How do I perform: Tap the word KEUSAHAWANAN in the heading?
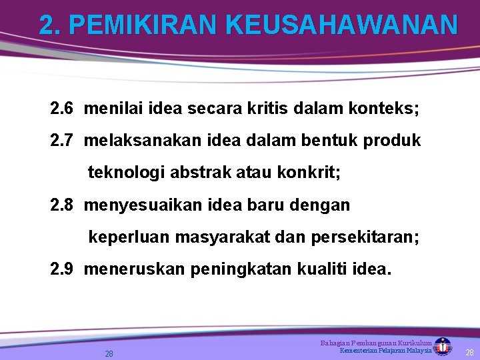pyautogui.click(x=341, y=25)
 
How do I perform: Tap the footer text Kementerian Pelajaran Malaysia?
pyautogui.click(x=385, y=351)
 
